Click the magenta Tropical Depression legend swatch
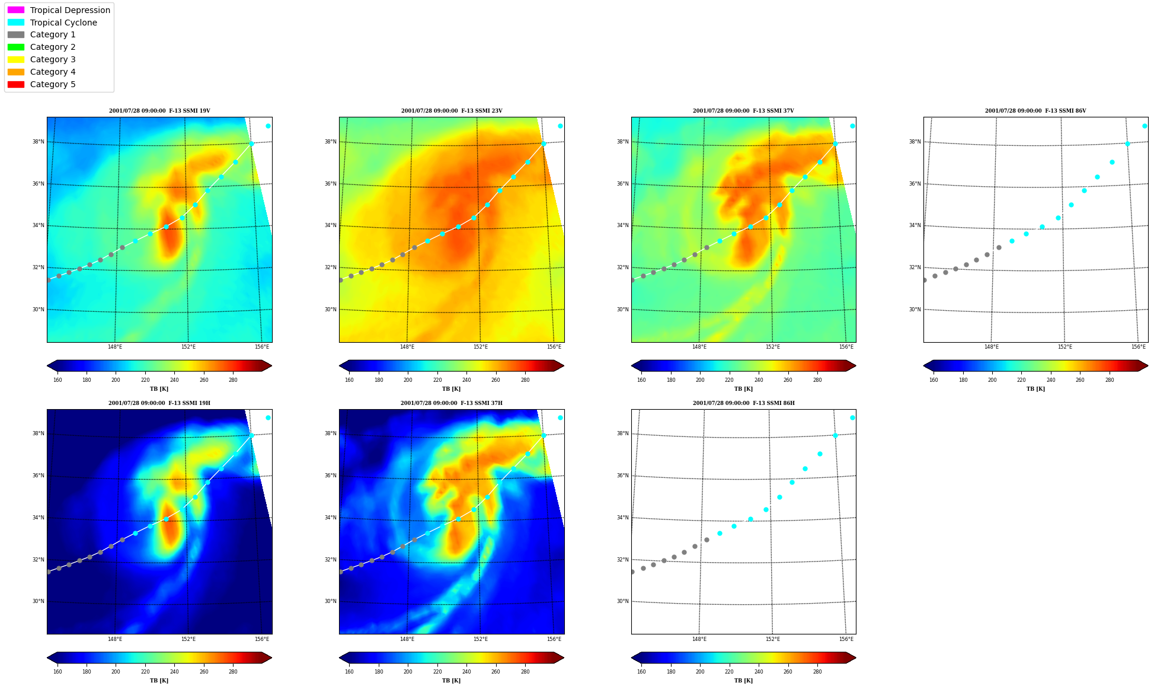pyautogui.click(x=16, y=10)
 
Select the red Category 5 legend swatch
pyautogui.click(x=16, y=84)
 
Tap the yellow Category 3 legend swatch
pyautogui.click(x=16, y=59)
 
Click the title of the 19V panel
pyautogui.click(x=159, y=111)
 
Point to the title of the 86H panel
pyautogui.click(x=744, y=403)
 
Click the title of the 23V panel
pyautogui.click(x=452, y=111)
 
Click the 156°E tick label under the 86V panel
pyautogui.click(x=1138, y=347)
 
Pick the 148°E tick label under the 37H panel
pyautogui.click(x=407, y=639)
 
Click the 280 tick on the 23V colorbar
pyautogui.click(x=525, y=380)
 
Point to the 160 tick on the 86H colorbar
pyautogui.click(x=641, y=672)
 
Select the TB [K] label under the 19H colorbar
pyautogui.click(x=159, y=681)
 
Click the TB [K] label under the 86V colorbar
pyautogui.click(x=1036, y=389)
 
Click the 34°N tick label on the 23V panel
pyautogui.click(x=330, y=225)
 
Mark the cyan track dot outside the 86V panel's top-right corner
pyautogui.click(x=1145, y=126)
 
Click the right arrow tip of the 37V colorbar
pyautogui.click(x=856, y=366)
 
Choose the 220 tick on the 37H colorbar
pyautogui.click(x=437, y=672)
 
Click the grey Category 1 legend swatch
pyautogui.click(x=16, y=34)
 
